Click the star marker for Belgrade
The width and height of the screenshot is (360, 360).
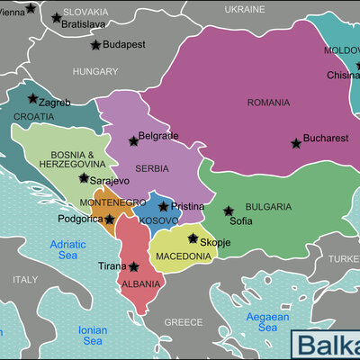133,140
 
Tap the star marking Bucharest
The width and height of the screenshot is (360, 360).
295,143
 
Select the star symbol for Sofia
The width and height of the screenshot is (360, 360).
228,211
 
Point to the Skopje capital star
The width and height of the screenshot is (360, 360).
193,238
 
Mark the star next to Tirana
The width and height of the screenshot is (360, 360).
133,266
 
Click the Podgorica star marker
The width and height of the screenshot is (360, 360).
109,219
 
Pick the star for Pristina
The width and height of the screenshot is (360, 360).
163,206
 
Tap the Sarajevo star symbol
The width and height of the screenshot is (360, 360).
84,178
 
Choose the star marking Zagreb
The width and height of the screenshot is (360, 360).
32,98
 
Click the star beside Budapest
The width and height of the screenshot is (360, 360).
95,44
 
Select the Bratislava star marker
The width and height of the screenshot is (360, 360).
56,17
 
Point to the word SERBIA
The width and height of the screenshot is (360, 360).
126,169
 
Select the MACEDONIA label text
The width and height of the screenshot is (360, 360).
183,256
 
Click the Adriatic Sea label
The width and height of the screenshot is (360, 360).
68,249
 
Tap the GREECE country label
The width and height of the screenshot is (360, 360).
184,321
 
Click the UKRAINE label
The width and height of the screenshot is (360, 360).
244,8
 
